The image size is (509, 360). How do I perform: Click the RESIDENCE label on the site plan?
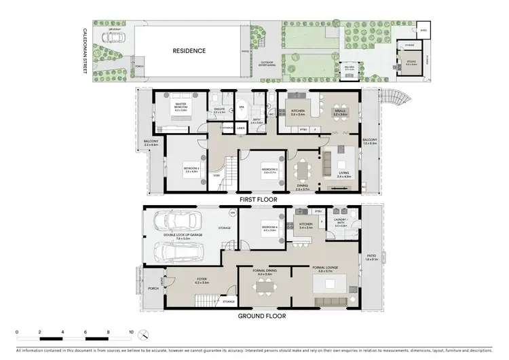click(189, 51)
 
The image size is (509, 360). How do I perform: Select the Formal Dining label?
click(264, 272)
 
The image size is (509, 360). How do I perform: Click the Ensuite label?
click(219, 111)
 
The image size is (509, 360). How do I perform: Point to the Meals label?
click(340, 113)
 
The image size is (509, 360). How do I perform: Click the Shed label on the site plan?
click(423, 31)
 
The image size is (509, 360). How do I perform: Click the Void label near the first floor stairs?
click(216, 175)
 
